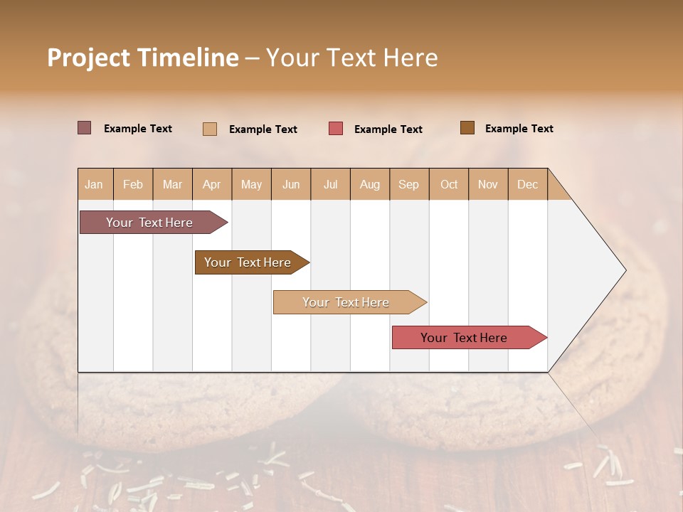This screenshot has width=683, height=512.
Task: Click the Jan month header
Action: point(94,184)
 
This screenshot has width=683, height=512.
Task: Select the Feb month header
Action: point(133,184)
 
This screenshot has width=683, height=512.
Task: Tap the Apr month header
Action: point(212,184)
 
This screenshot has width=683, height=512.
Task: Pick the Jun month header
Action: point(291,184)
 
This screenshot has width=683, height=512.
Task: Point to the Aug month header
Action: point(370,184)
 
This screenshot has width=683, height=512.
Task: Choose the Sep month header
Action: point(408,184)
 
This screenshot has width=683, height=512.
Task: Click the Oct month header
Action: point(449,184)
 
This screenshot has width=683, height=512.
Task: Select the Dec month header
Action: point(528,184)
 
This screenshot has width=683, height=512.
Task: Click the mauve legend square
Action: point(84,128)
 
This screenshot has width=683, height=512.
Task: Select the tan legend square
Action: point(210,129)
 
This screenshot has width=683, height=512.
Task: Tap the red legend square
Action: point(336,129)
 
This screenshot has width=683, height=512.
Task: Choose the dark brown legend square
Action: point(467,128)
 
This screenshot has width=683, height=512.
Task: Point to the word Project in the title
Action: point(88,58)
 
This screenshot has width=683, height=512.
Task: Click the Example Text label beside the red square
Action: point(388,129)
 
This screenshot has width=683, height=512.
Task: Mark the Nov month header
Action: point(488,184)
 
